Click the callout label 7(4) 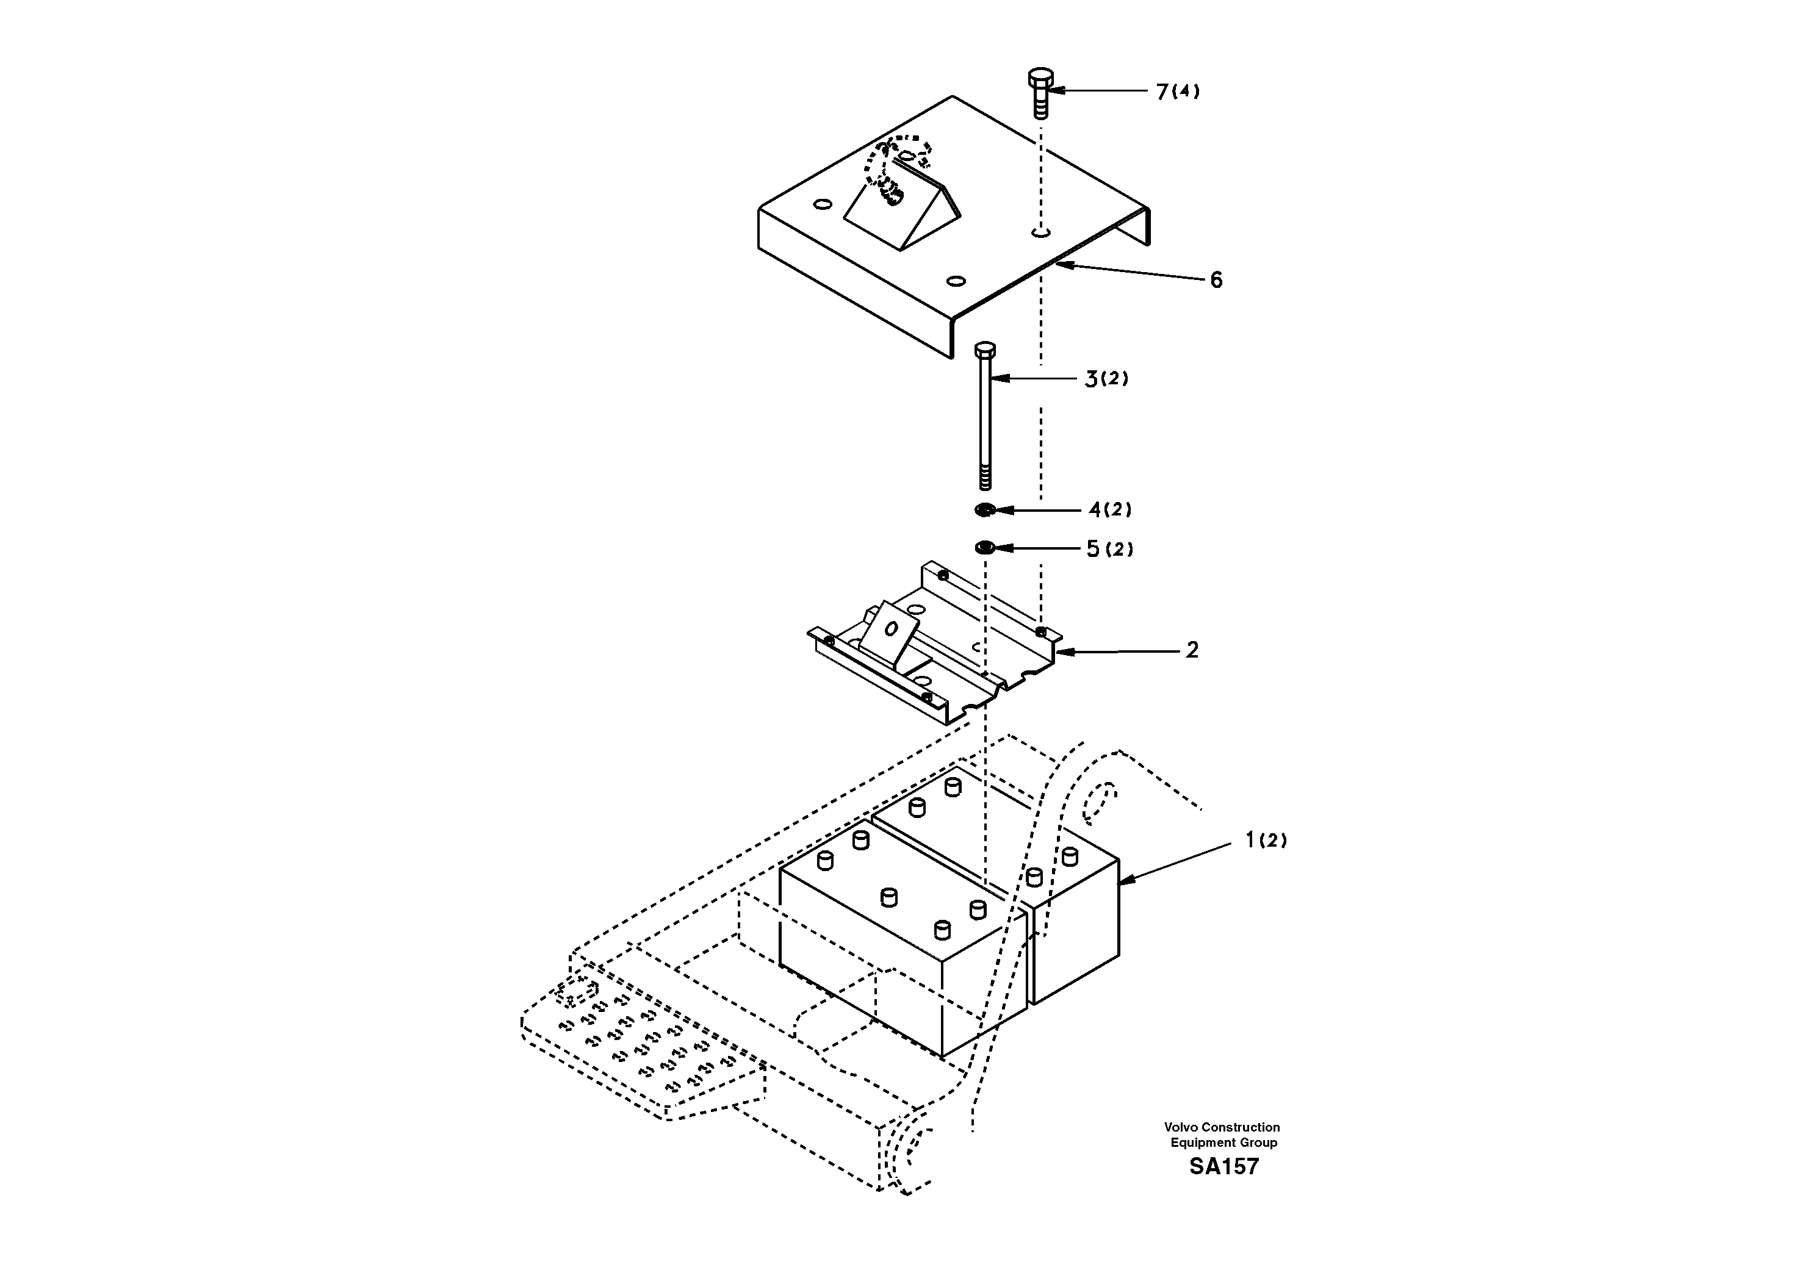click(x=1177, y=91)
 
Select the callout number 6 click(x=1216, y=280)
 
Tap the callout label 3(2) click(x=1106, y=379)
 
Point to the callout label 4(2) click(x=1110, y=510)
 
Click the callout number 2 click(x=1191, y=650)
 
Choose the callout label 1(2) click(x=1266, y=840)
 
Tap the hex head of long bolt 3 click(x=985, y=350)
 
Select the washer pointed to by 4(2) click(x=985, y=510)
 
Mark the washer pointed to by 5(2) click(x=985, y=547)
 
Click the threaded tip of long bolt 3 click(x=985, y=478)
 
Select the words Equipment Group click(x=1223, y=1142)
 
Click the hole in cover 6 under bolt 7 click(x=1041, y=232)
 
